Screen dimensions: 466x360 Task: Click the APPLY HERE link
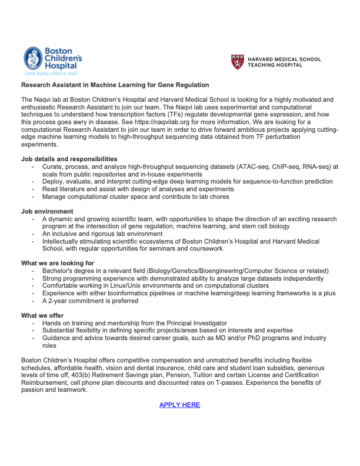[x=179, y=405]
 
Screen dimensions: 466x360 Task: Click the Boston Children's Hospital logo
[x=53, y=59]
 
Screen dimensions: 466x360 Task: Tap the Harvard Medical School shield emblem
[x=237, y=62]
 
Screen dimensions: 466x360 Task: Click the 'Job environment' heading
[x=47, y=211]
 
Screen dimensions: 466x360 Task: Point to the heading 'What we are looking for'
[x=58, y=263]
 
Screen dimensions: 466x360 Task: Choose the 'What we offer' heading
[x=45, y=315]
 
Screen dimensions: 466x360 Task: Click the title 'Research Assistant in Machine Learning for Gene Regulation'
[x=115, y=85]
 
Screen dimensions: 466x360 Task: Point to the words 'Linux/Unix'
[x=124, y=286]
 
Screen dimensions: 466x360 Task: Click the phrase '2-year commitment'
[x=78, y=301]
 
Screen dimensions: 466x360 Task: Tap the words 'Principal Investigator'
[x=194, y=324]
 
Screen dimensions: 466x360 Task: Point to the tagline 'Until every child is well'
[x=51, y=74]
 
